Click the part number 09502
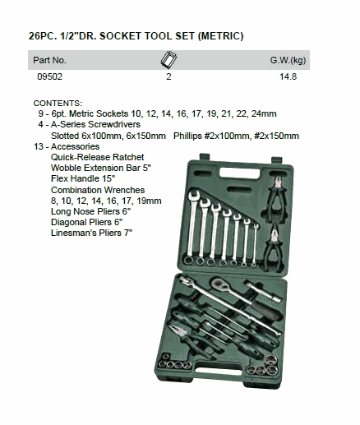pos(49,76)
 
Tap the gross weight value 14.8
pos(288,76)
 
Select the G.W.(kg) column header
pos(288,60)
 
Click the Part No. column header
pos(49,60)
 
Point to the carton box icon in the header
pos(168,59)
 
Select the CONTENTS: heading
pos(58,104)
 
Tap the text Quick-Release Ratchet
pos(97,157)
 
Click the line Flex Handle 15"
pos(83,178)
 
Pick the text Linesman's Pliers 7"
pos(91,233)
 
